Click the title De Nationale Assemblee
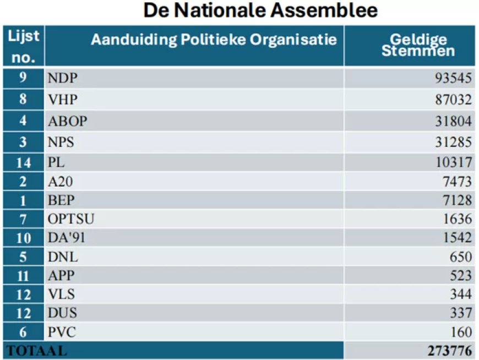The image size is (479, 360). point(260,10)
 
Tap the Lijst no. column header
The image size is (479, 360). point(24,46)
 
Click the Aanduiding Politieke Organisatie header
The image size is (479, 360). point(214,40)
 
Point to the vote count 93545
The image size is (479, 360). point(454,78)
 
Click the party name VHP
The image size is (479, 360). point(62,100)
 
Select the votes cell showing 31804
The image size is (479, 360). point(454,121)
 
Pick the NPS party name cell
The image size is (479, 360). point(61,143)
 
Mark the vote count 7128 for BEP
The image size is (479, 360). point(457,201)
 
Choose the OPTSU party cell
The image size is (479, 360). point(71,219)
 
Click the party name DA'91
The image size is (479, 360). point(67,238)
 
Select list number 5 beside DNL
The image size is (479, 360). point(24,257)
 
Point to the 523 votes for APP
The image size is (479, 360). point(460,275)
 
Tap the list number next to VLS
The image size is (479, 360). point(24,294)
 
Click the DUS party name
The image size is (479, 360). point(62,313)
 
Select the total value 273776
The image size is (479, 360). point(449,351)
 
